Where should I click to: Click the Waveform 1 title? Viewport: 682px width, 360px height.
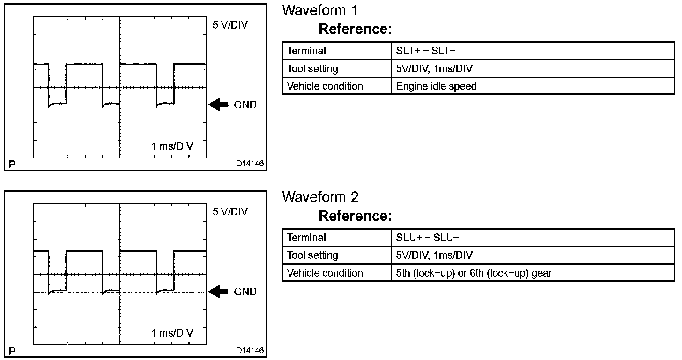coord(320,10)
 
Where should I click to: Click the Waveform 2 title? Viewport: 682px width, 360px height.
coord(320,197)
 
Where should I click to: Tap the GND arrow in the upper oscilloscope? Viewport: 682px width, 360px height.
coord(218,105)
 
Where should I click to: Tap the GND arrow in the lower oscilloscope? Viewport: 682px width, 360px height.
coord(218,292)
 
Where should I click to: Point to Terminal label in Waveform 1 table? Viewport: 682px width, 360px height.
coord(306,51)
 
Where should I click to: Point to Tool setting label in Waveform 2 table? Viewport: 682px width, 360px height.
coord(312,255)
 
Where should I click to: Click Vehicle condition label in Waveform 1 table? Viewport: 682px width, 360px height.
coord(325,86)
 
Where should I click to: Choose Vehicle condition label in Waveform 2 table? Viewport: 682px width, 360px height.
coord(325,273)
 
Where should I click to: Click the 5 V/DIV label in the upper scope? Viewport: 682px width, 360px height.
coord(230,25)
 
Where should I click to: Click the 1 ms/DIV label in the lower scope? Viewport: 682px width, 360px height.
coord(172,333)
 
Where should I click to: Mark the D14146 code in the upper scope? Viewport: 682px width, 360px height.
coord(250,164)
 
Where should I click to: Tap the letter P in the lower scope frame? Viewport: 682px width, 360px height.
coord(12,351)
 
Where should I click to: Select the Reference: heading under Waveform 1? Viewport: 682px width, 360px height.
coord(355,29)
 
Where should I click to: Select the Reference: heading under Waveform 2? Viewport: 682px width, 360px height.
coord(355,216)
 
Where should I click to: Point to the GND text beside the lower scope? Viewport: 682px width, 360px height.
coord(245,292)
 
